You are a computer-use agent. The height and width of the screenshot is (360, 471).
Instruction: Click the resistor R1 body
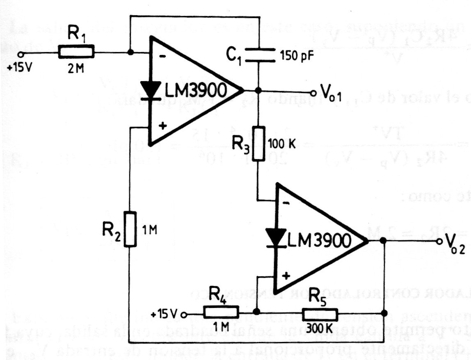point(76,52)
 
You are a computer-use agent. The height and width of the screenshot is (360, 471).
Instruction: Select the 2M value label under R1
point(76,69)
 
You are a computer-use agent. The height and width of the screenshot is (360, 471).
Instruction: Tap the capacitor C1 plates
point(258,55)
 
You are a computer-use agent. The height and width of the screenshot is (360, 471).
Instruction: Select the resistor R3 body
point(258,144)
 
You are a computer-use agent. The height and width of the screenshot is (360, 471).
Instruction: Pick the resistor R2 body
point(130,229)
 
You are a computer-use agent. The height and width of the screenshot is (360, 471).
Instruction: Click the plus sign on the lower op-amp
point(287,276)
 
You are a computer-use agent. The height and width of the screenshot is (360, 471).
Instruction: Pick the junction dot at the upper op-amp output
point(258,91)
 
